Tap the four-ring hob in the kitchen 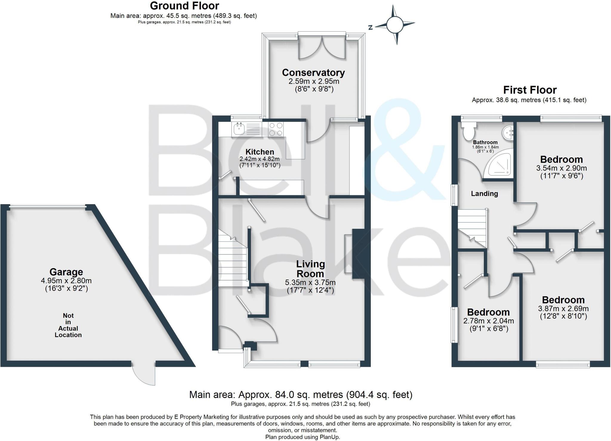[276, 130]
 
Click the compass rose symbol [395, 25]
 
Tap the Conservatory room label [313, 73]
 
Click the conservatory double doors [322, 48]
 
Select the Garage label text [66, 272]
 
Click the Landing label [484, 194]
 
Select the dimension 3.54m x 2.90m [561, 168]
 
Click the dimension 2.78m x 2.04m [488, 321]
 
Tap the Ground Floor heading [184, 6]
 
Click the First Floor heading [530, 90]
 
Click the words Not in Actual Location [68, 325]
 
